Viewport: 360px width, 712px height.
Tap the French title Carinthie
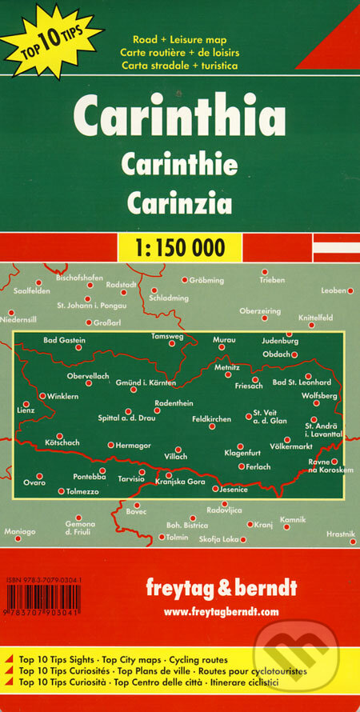pyautogui.click(x=179, y=164)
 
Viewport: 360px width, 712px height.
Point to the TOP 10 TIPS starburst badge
pyautogui.click(x=50, y=38)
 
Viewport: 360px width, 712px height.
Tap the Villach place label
pyautogui.click(x=176, y=456)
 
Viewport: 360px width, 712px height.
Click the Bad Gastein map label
pyautogui.click(x=64, y=340)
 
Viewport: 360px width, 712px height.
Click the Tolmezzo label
pyautogui.click(x=82, y=491)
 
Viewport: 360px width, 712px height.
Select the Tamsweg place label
pyautogui.click(x=167, y=337)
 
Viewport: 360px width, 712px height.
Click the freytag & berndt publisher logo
pyautogui.click(x=231, y=587)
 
